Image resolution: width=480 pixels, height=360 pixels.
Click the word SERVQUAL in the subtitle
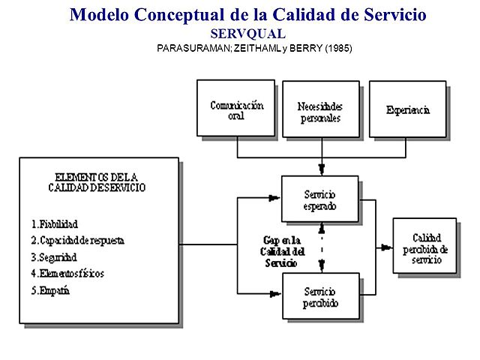[248, 34]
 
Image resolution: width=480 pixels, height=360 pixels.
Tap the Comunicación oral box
[236, 109]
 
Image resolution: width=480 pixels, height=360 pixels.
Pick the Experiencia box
[407, 109]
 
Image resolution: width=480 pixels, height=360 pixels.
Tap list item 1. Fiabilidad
[55, 223]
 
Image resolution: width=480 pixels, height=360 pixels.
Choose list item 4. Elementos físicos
[67, 274]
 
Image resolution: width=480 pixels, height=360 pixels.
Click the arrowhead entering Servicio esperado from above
[321, 170]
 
